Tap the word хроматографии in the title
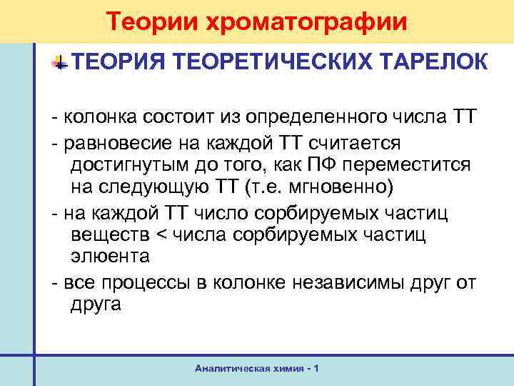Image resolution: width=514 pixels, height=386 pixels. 308,21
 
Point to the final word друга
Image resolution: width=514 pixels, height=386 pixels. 96,305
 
